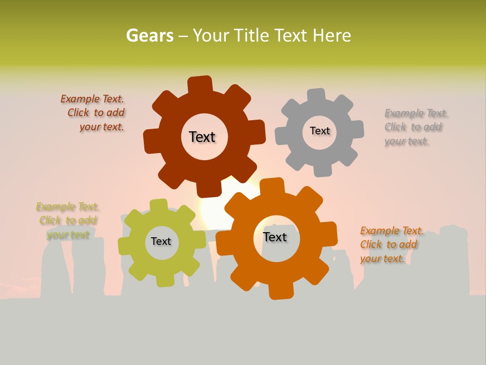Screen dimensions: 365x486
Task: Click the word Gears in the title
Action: (149, 36)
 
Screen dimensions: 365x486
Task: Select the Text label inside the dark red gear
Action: (202, 137)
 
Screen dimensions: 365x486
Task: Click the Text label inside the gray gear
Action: (319, 131)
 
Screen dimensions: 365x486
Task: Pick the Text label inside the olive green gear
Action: (161, 242)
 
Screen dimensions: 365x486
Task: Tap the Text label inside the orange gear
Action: (275, 237)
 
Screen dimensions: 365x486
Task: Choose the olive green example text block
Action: (68, 221)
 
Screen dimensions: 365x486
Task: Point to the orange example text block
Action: (391, 245)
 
